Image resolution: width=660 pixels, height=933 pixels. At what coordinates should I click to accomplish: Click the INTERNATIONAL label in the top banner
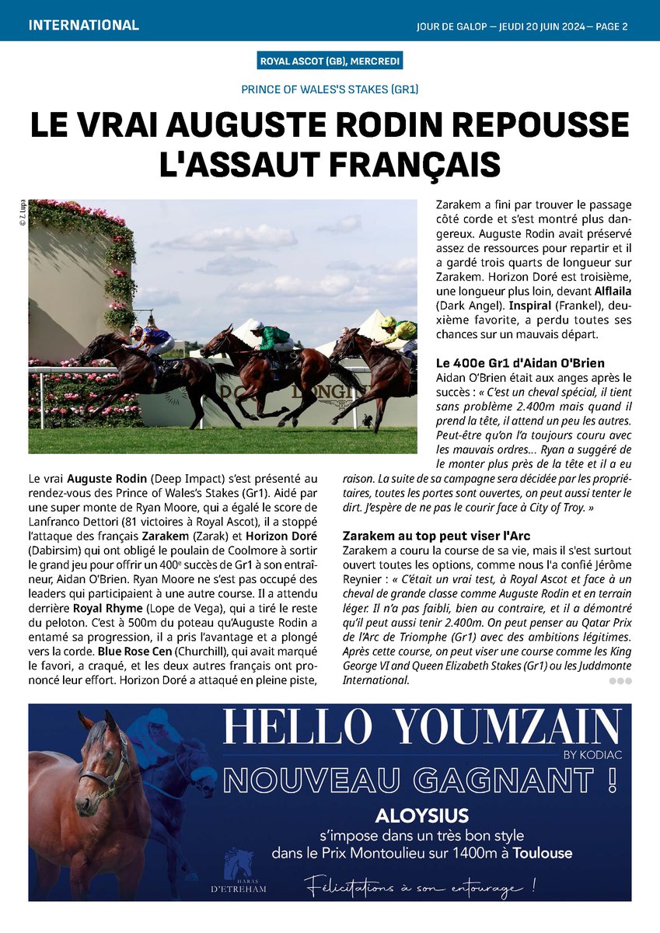(x=83, y=25)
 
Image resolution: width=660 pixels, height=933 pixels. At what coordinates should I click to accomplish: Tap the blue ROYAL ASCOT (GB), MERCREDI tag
(x=330, y=62)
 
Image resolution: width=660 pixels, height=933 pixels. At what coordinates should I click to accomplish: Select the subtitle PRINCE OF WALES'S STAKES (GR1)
(x=330, y=89)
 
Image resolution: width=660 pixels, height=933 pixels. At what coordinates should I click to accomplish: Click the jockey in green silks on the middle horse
(x=274, y=336)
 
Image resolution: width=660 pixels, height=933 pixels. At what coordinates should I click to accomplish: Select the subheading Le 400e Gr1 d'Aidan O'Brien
(x=520, y=363)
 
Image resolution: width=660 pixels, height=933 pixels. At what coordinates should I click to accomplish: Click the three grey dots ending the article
(x=621, y=681)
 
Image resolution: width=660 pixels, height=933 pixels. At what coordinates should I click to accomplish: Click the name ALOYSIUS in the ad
(x=422, y=816)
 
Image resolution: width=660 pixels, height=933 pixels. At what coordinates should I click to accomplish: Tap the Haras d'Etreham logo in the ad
(x=245, y=870)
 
